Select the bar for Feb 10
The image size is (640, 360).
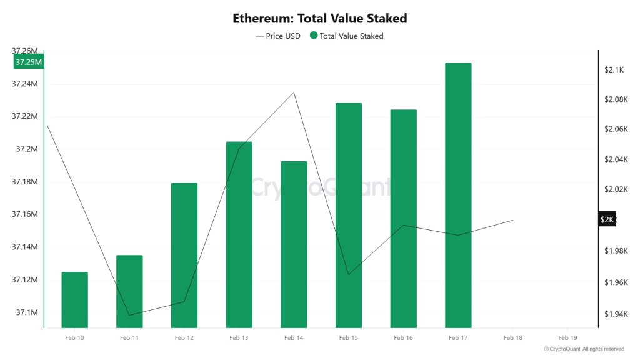(74, 300)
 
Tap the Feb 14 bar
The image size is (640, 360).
(294, 244)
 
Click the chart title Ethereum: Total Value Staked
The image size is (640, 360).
(319, 18)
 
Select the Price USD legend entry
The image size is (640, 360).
(278, 36)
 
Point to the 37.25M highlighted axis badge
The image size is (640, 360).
(29, 62)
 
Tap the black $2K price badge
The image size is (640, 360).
(607, 219)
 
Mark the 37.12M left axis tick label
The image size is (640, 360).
(25, 279)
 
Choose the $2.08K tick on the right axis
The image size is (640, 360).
(615, 99)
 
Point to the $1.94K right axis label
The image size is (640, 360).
(615, 314)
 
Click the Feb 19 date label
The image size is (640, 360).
(567, 337)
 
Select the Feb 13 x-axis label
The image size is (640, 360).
(239, 337)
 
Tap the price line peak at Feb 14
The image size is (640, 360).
(294, 92)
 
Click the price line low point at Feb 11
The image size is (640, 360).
(129, 315)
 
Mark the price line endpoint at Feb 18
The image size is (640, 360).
(513, 220)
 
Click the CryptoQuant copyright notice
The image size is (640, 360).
(584, 349)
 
